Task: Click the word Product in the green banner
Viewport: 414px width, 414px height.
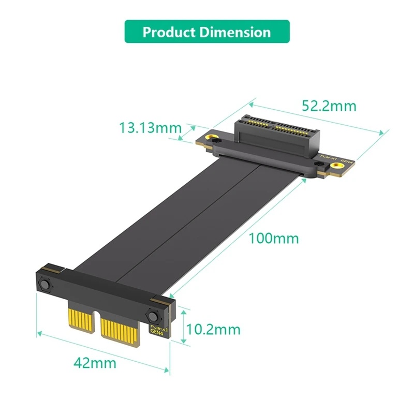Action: [167, 32]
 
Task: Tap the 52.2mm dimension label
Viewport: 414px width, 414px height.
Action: [329, 106]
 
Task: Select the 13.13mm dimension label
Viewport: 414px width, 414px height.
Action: [150, 127]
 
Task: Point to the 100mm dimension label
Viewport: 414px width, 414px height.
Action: [274, 239]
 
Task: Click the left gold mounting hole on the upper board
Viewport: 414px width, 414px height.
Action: [211, 138]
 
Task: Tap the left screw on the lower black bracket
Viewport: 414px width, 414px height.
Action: [44, 286]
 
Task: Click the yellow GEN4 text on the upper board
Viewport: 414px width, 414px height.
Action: [347, 161]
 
